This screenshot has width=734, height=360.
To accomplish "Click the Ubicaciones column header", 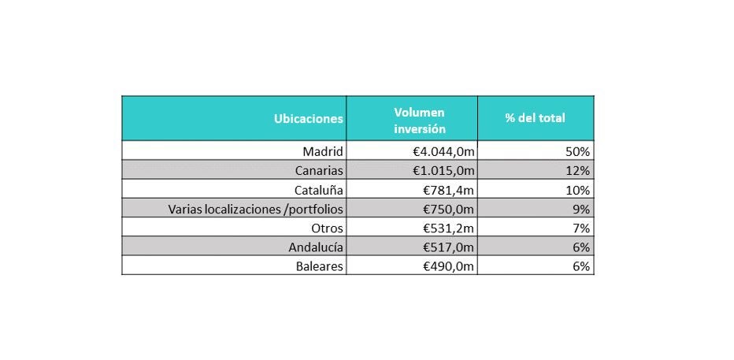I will coord(308,119).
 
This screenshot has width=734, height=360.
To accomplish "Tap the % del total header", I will coord(535,119).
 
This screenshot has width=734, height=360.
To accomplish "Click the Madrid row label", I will coord(323,151).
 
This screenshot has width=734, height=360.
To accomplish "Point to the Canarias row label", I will coord(317,170).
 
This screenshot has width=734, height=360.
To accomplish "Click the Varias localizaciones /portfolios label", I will coord(256,209).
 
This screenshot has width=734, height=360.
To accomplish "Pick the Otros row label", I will coord(327,228).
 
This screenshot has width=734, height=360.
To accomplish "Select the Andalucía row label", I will coord(317,247).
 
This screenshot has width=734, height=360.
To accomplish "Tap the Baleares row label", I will coord(319,266).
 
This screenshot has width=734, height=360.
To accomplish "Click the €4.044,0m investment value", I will coord(436,151).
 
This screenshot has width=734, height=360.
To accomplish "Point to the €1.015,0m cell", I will coord(436,170).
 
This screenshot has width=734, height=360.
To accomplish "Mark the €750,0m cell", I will coord(444,209).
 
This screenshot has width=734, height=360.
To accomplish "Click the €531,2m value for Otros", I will coord(444,228).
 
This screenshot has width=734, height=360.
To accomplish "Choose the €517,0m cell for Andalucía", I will coord(444,247).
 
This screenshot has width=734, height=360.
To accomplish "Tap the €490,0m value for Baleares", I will coord(444,266).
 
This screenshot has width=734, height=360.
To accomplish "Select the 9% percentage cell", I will coord(582,209).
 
